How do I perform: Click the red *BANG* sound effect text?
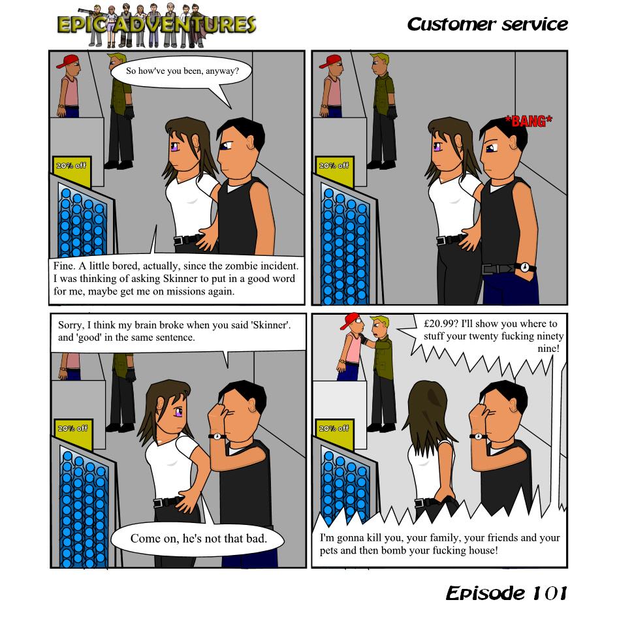pyautogui.click(x=528, y=121)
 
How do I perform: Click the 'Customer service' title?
pyautogui.click(x=487, y=24)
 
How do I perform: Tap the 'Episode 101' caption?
pyautogui.click(x=507, y=593)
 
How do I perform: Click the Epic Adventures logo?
pyautogui.click(x=157, y=25)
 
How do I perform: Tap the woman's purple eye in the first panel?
pyautogui.click(x=175, y=147)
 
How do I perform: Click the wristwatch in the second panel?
pyautogui.click(x=525, y=267)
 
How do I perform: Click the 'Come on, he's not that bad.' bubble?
pyautogui.click(x=198, y=539)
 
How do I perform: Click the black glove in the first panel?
pyautogui.click(x=129, y=112)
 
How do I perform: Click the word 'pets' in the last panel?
pyautogui.click(x=328, y=550)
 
